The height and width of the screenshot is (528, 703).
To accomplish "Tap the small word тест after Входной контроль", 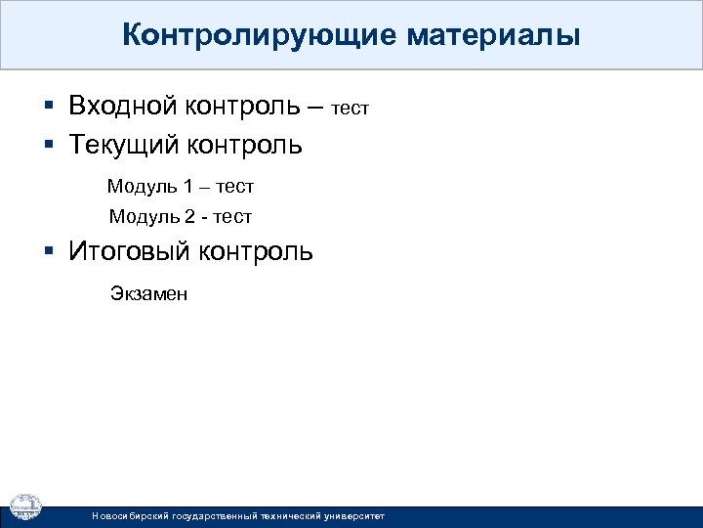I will click(x=351, y=109).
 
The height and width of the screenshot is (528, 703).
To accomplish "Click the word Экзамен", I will click(x=147, y=293).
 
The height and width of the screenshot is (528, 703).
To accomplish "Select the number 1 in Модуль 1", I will click(x=187, y=186).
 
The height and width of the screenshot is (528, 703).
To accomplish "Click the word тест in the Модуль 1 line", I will click(x=234, y=186).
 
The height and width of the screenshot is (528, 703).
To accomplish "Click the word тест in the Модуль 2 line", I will click(x=230, y=216).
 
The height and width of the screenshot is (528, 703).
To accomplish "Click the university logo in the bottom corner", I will click(x=25, y=505).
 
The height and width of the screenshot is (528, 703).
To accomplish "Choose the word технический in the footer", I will click(x=283, y=515).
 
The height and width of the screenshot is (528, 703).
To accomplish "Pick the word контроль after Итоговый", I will click(x=256, y=251).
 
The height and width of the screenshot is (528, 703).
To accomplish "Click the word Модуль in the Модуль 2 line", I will click(x=143, y=216).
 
